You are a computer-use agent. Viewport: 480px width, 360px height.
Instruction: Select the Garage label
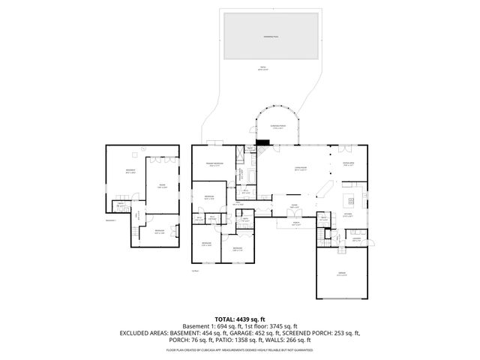point(341,274)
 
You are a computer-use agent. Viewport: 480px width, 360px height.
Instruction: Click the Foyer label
point(295,205)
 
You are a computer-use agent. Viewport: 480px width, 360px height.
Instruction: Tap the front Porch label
point(295,223)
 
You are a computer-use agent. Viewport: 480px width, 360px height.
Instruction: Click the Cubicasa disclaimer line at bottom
point(240,350)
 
